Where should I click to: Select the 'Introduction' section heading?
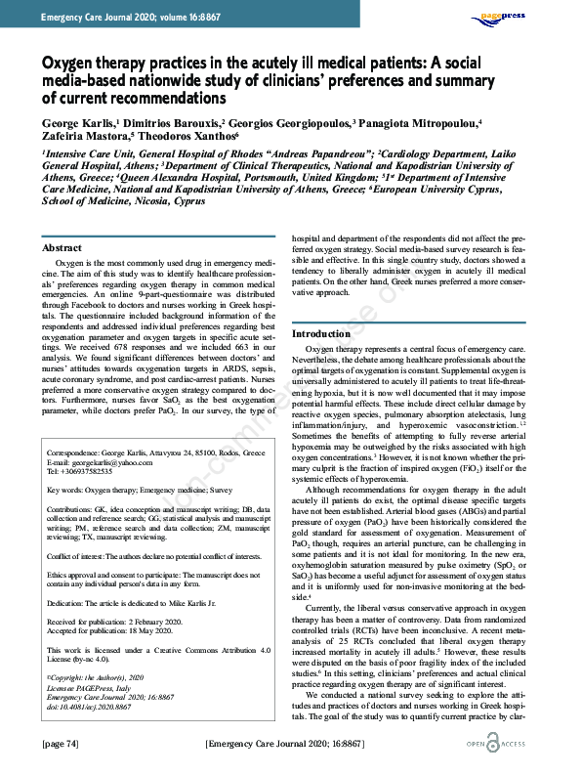(x=321, y=333)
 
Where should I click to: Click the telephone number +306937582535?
(x=100, y=472)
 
